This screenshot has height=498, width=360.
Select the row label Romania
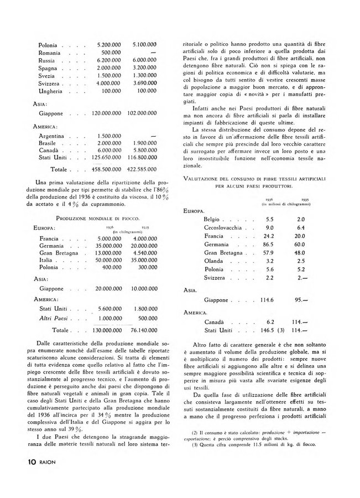point(51,53)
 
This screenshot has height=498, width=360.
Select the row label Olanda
point(213,260)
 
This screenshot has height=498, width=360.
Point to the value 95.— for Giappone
point(304,300)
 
